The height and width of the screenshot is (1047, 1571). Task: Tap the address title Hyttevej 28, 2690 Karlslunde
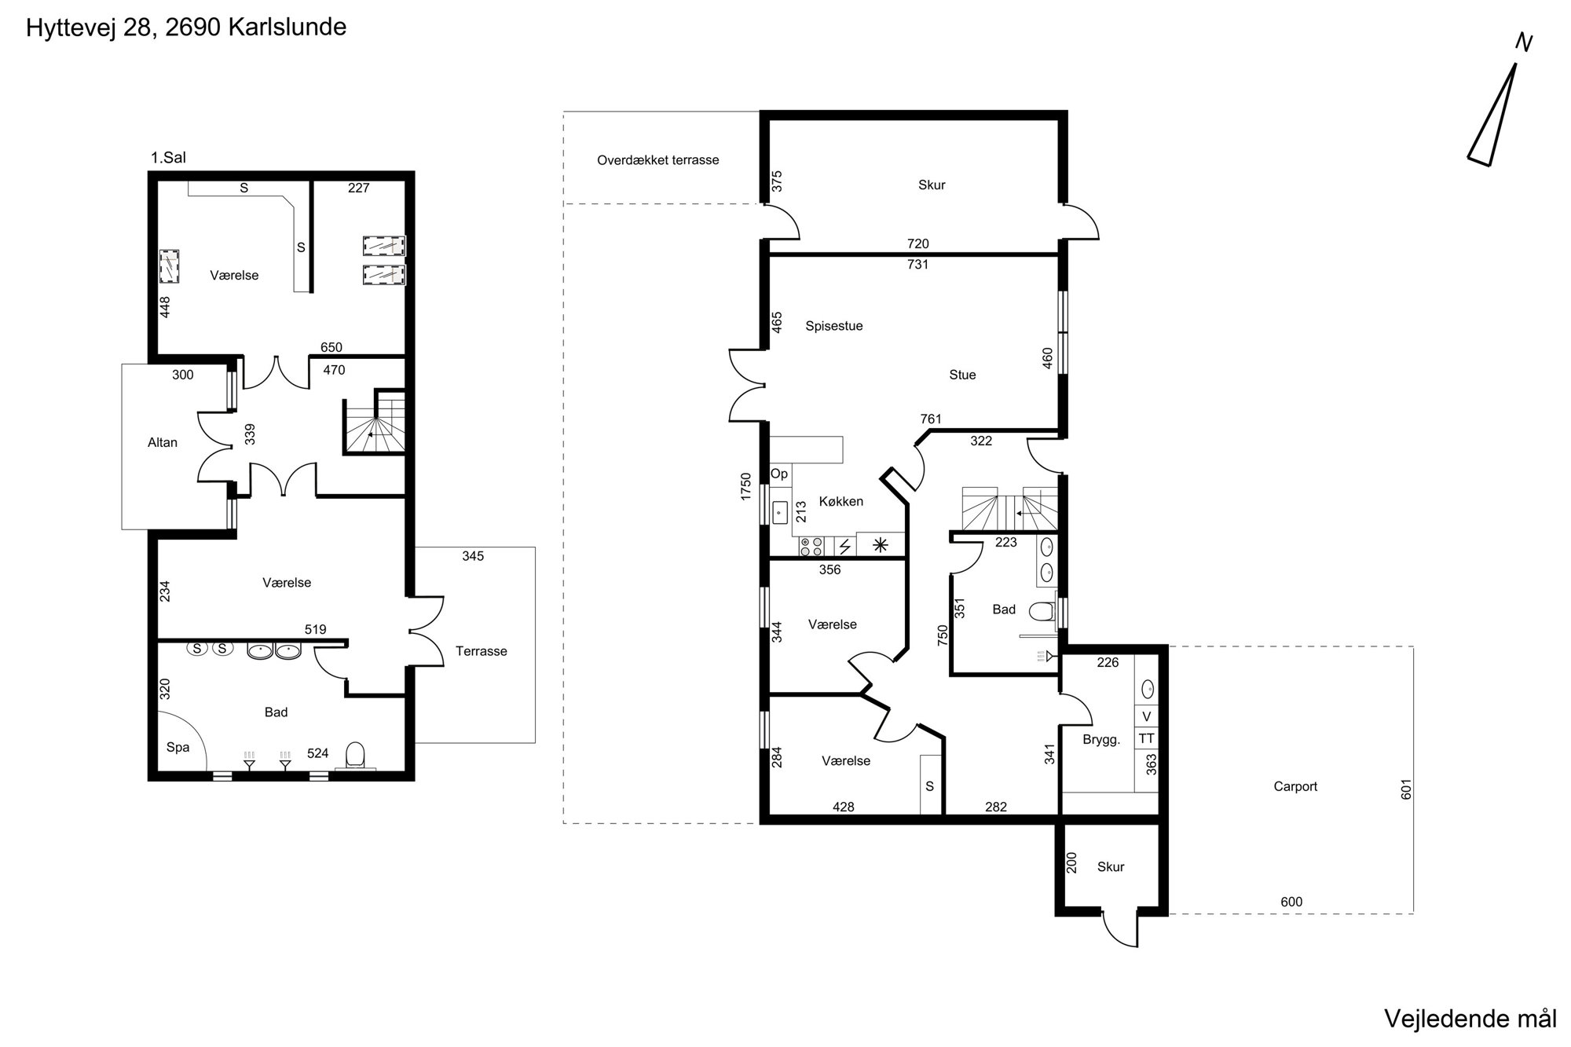pyautogui.click(x=186, y=27)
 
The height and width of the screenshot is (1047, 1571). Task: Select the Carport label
pyautogui.click(x=1295, y=786)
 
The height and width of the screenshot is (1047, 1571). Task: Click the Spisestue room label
pyautogui.click(x=834, y=326)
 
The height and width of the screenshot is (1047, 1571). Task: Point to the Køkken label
pyautogui.click(x=841, y=501)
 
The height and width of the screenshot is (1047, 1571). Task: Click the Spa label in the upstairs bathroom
pyautogui.click(x=178, y=747)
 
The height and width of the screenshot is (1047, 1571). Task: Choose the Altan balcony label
pyautogui.click(x=163, y=442)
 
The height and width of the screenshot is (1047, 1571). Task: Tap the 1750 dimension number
pyautogui.click(x=746, y=486)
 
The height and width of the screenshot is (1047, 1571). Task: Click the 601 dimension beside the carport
pyautogui.click(x=1406, y=789)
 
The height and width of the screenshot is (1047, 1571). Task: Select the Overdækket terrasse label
pyautogui.click(x=658, y=160)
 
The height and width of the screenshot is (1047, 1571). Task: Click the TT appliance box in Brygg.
pyautogui.click(x=1147, y=738)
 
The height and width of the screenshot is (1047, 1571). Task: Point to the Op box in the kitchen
pyautogui.click(x=779, y=474)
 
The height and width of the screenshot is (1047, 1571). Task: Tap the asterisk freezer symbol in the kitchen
pyautogui.click(x=881, y=544)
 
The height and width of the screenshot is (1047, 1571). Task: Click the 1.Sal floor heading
pyautogui.click(x=168, y=158)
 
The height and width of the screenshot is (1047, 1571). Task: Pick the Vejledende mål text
pyautogui.click(x=1470, y=1019)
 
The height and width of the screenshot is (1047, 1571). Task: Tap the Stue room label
pyautogui.click(x=962, y=375)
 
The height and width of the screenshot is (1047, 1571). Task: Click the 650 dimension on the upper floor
pyautogui.click(x=331, y=347)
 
